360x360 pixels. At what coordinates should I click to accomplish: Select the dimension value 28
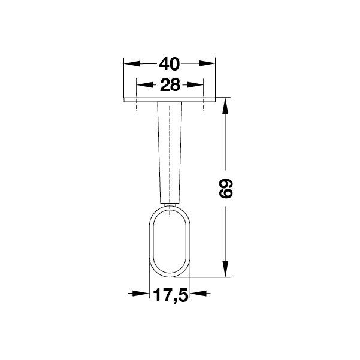coord(170,85)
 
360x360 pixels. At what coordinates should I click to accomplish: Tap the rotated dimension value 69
coord(225,188)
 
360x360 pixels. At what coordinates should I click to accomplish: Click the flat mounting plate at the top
coord(170,98)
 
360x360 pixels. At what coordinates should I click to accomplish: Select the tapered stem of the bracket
coord(170,150)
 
